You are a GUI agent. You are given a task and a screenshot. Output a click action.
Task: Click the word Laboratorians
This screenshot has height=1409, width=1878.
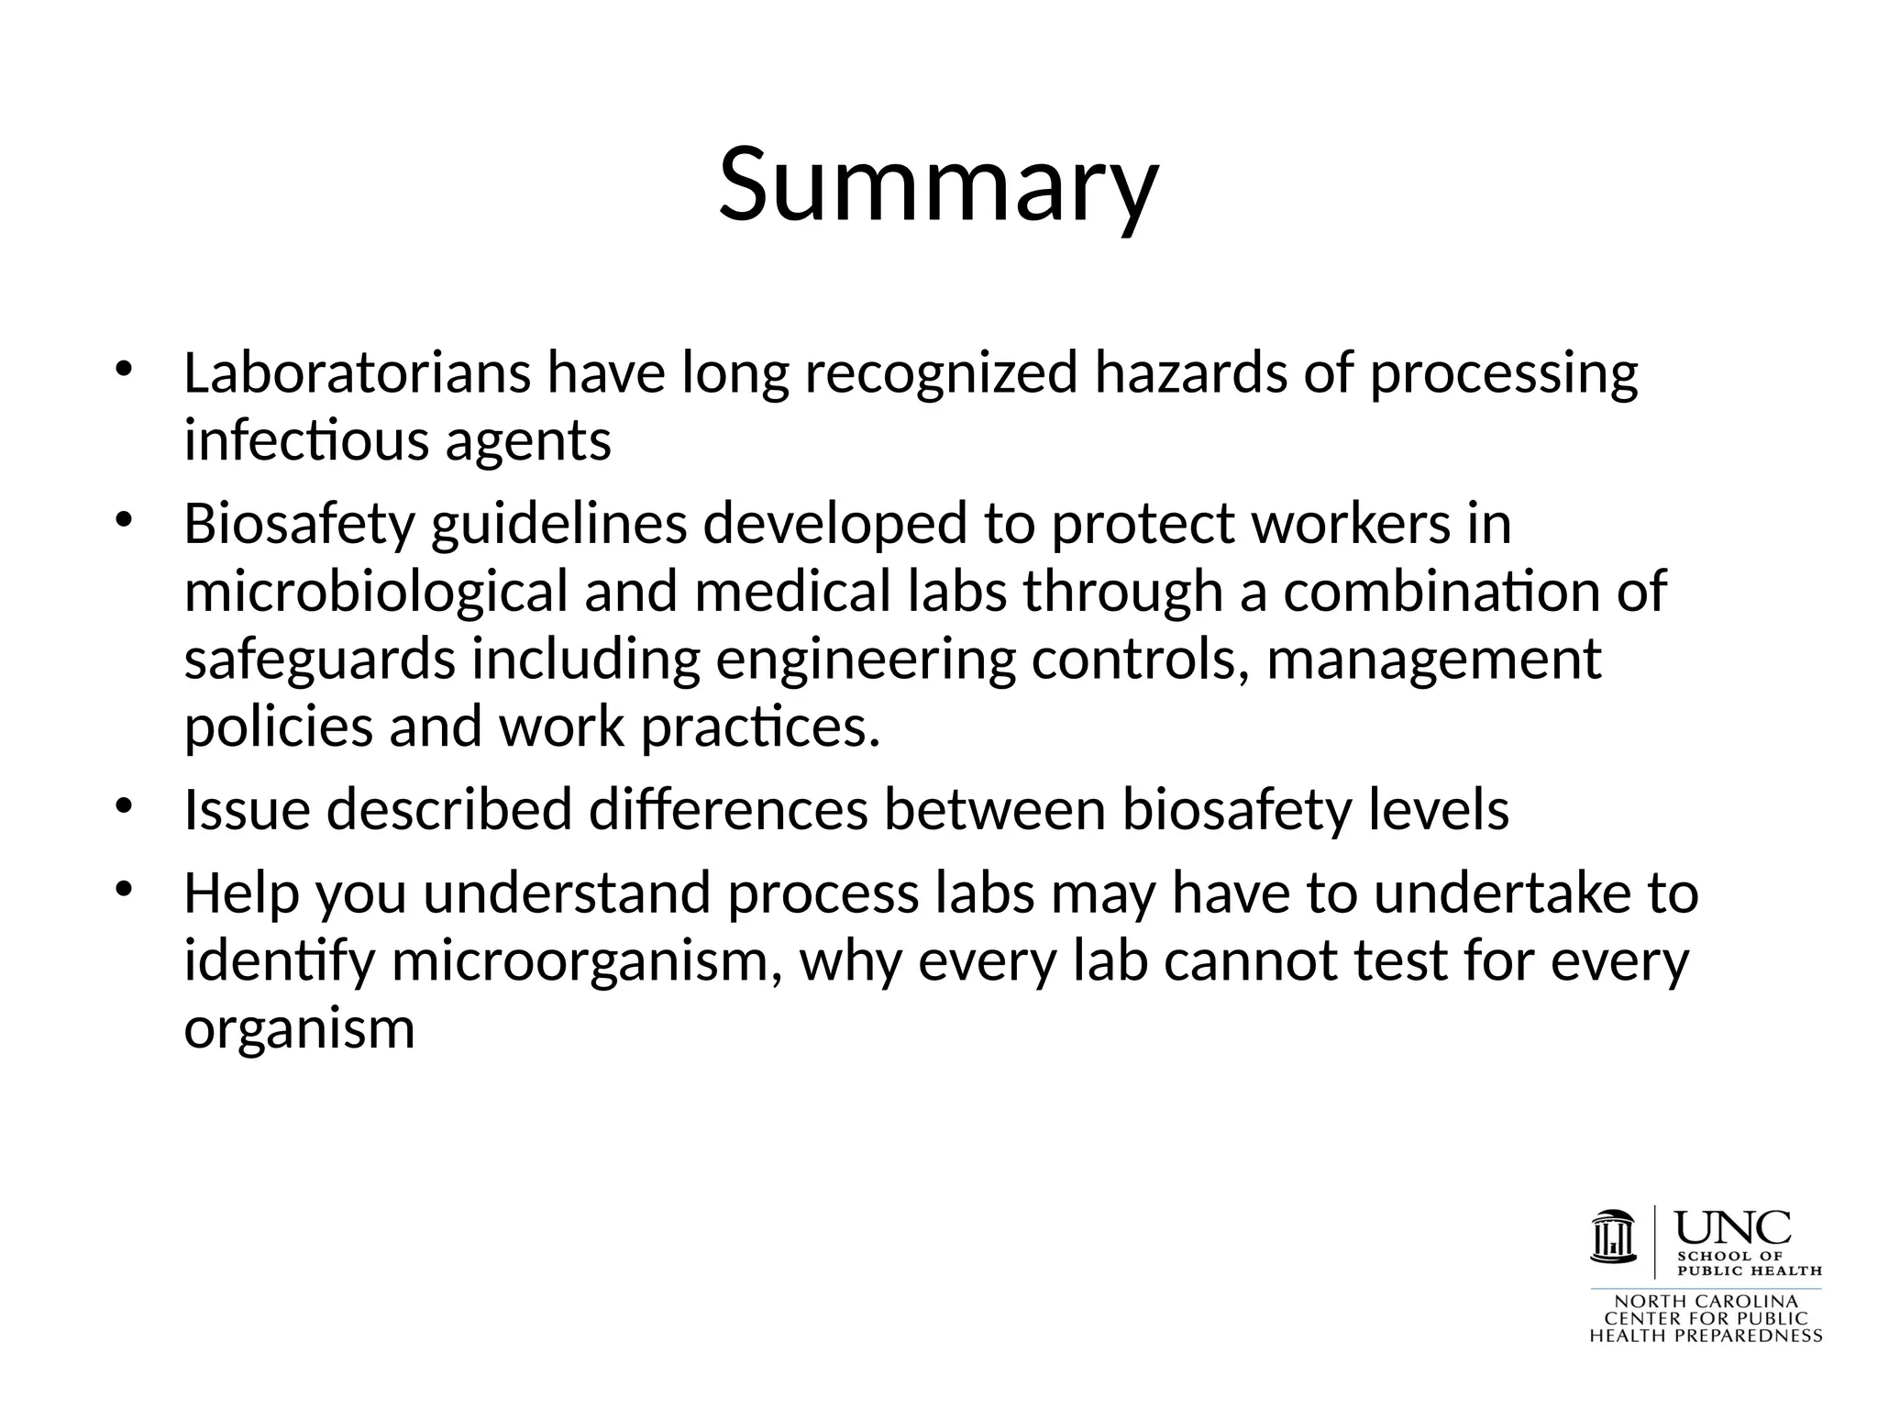click(357, 373)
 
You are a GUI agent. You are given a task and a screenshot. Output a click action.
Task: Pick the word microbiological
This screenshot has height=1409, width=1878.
click(376, 593)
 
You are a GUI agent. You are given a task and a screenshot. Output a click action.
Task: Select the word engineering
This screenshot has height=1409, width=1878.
click(865, 660)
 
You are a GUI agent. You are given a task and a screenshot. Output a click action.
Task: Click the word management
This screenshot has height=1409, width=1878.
click(1433, 660)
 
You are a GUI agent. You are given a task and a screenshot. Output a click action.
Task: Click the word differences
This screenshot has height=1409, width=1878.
click(727, 811)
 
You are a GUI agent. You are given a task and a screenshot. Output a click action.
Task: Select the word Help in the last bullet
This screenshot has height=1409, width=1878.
click(241, 893)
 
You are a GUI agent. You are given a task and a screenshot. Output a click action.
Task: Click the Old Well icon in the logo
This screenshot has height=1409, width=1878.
click(1613, 1237)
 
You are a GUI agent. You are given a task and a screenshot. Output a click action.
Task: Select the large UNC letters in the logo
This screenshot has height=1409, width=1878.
click(1733, 1227)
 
